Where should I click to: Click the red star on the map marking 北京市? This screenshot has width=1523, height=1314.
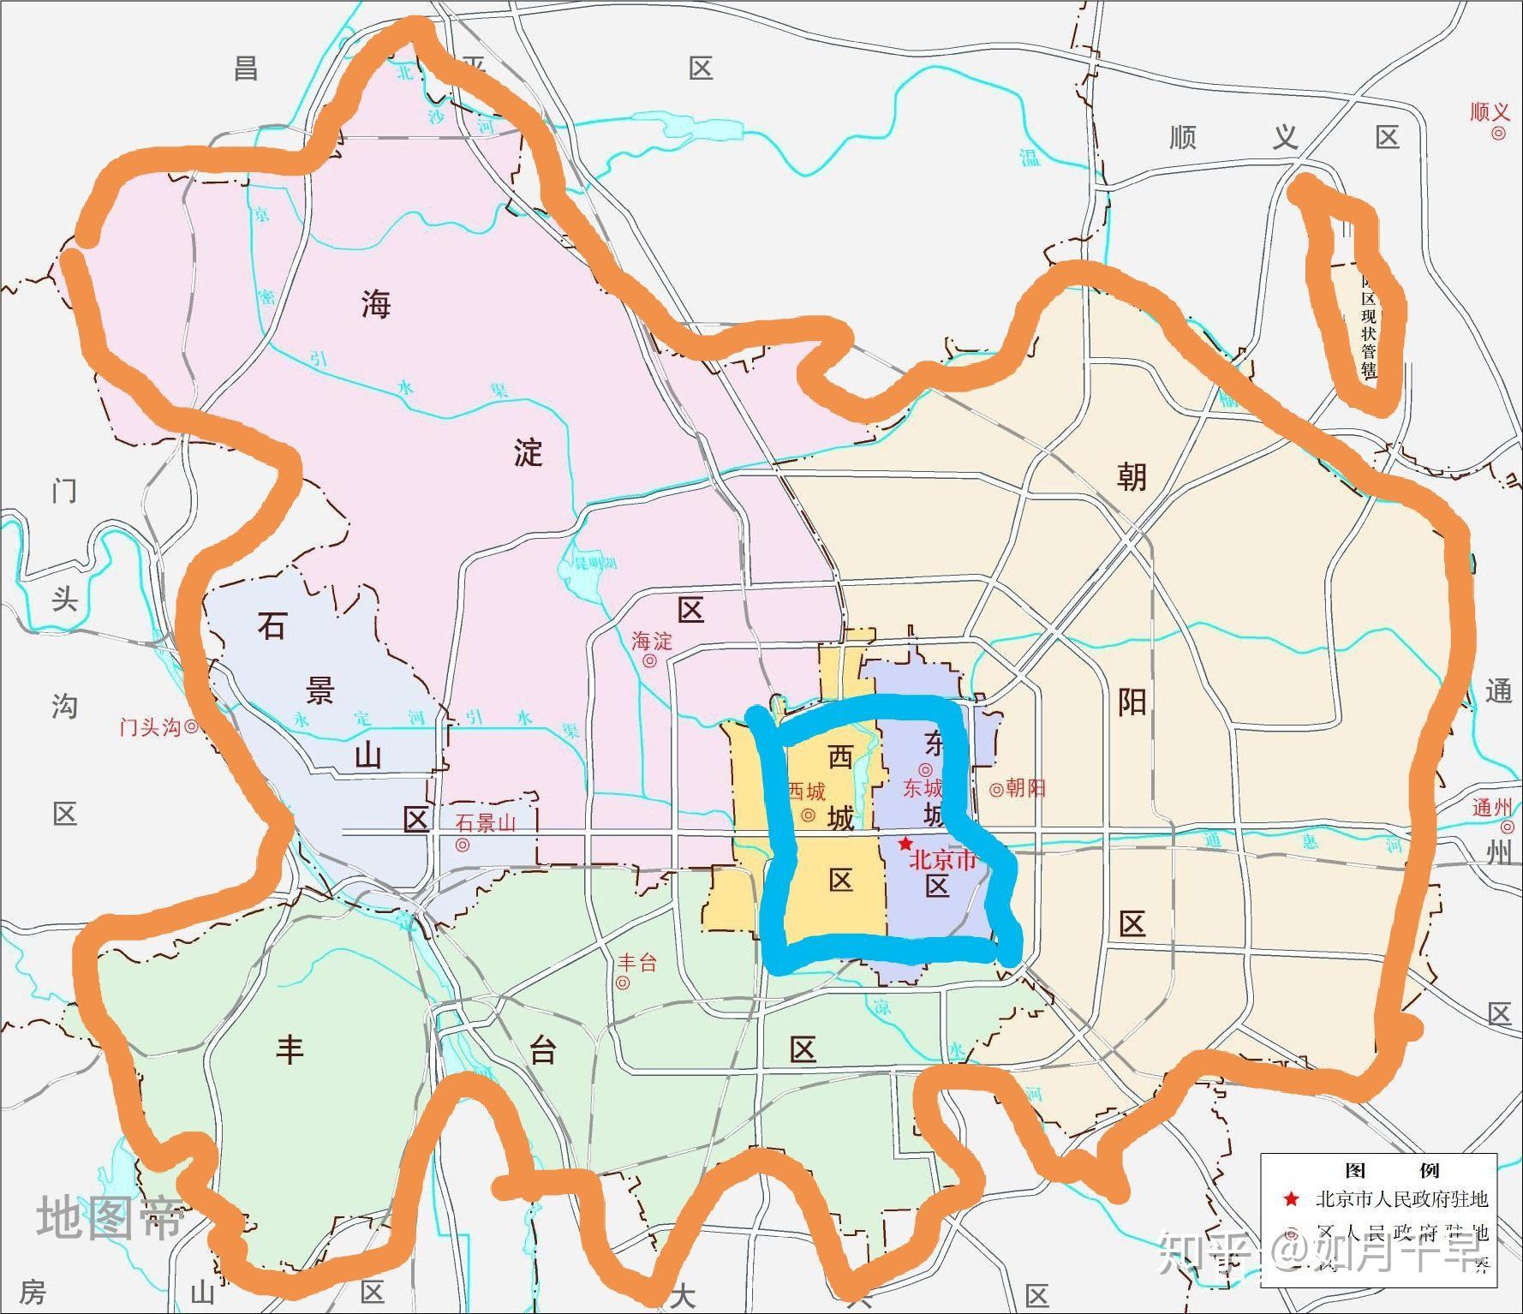pyautogui.click(x=905, y=844)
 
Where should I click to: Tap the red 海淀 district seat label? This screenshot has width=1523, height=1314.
pyautogui.click(x=652, y=641)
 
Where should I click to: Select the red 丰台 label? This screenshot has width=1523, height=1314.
pyautogui.click(x=636, y=963)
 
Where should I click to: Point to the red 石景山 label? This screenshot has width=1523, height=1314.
pyautogui.click(x=486, y=823)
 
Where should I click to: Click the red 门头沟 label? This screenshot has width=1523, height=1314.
pyautogui.click(x=150, y=727)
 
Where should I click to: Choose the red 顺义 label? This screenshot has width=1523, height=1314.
pyautogui.click(x=1490, y=112)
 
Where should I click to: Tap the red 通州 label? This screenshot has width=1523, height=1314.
pyautogui.click(x=1492, y=807)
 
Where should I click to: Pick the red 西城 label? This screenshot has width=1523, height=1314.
pyautogui.click(x=806, y=791)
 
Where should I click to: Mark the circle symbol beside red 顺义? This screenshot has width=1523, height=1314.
pyautogui.click(x=1498, y=133)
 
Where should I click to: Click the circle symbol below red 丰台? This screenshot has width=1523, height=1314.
pyautogui.click(x=623, y=983)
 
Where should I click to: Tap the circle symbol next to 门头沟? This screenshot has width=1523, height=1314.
pyautogui.click(x=192, y=726)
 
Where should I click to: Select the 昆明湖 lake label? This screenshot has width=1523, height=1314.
pyautogui.click(x=594, y=564)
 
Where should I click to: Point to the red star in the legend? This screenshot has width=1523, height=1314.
pyautogui.click(x=1291, y=1200)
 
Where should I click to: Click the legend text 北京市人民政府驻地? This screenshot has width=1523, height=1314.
pyautogui.click(x=1401, y=1199)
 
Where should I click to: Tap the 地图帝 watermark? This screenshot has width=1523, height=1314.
pyautogui.click(x=110, y=1218)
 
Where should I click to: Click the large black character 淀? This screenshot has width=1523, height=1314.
pyautogui.click(x=529, y=451)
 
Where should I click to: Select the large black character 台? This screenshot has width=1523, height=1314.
pyautogui.click(x=543, y=1051)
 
